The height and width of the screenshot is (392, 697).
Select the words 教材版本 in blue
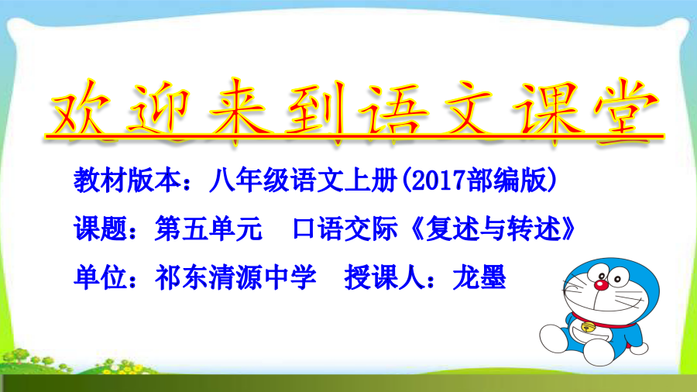(128, 181)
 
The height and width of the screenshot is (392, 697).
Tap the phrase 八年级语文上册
(304, 181)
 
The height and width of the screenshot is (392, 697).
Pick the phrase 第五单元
(208, 229)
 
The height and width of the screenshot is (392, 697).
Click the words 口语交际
(345, 229)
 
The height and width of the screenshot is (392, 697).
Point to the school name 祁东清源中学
(235, 277)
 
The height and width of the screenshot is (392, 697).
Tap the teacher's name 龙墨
(479, 277)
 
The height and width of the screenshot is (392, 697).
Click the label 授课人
(384, 277)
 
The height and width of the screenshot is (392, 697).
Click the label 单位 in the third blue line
(101, 277)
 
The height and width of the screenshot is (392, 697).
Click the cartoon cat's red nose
(600, 285)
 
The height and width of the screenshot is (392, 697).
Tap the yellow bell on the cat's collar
(589, 328)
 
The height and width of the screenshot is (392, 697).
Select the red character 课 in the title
(546, 111)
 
